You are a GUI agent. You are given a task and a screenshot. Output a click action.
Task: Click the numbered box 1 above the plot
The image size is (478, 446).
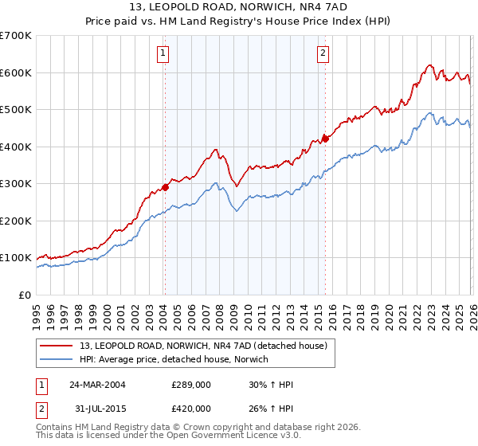163,54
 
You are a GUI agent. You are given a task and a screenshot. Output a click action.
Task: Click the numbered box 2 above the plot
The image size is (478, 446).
323,54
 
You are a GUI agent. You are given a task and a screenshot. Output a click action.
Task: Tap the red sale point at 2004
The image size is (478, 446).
165,188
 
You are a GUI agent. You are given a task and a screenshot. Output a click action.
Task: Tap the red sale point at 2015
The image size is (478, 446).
325,139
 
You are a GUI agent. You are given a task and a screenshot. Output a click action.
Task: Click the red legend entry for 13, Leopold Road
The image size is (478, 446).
203,345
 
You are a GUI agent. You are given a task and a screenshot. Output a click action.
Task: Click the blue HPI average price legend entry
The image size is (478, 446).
174,360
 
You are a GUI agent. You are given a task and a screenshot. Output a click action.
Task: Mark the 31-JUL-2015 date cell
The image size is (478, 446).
97,409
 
